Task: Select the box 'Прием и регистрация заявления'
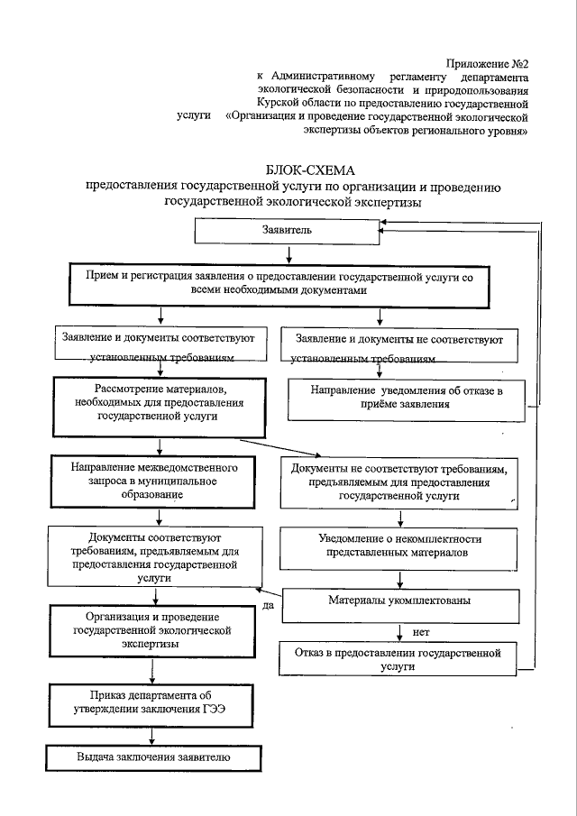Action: (x=280, y=284)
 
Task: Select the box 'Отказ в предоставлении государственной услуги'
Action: (x=398, y=657)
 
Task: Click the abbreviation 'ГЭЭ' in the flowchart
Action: (x=214, y=708)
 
